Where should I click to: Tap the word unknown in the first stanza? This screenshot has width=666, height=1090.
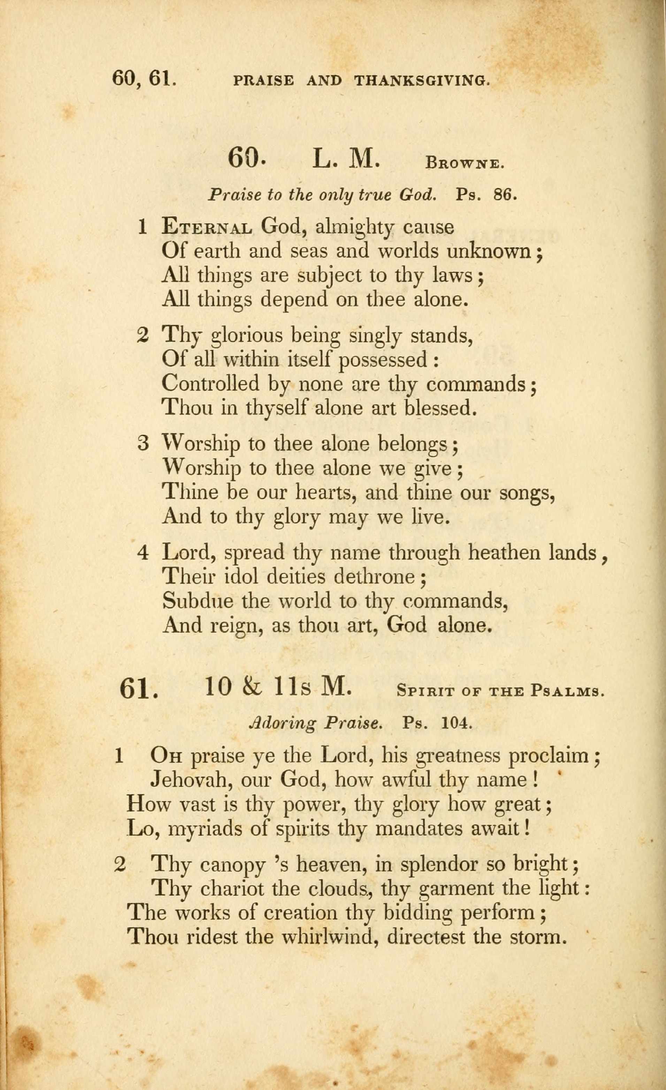489,251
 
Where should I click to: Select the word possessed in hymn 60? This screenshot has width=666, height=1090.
383,359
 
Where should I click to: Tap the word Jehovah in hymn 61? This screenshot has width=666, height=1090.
191,779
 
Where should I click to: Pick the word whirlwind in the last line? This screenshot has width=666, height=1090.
326,936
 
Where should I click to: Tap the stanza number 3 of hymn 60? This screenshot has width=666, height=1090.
143,444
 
